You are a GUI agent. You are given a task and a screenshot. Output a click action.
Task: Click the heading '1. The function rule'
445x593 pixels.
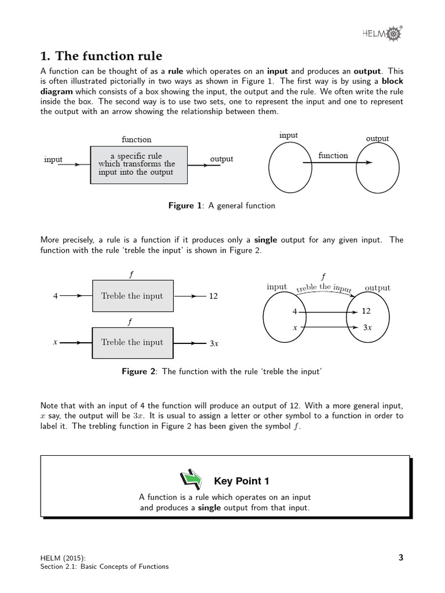(x=101, y=56)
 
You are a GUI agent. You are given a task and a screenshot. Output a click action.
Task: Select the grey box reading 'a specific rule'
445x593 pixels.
(x=139, y=164)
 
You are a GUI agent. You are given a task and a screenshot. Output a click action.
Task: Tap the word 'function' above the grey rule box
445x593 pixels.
(x=136, y=139)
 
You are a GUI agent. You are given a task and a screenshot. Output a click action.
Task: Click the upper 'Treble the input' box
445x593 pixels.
(x=132, y=296)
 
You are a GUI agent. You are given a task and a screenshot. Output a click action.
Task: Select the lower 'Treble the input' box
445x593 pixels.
(x=132, y=342)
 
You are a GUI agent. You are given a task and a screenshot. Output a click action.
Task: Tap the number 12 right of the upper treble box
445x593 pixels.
(x=213, y=296)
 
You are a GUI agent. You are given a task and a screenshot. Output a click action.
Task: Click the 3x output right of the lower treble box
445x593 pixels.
(x=214, y=343)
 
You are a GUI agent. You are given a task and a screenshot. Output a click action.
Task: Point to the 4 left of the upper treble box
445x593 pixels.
(x=56, y=296)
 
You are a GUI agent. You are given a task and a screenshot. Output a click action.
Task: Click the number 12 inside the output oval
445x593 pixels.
(x=366, y=311)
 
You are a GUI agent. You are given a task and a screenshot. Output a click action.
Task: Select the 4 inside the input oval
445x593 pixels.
(x=294, y=312)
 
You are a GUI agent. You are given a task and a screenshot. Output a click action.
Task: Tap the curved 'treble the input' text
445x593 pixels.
(x=324, y=287)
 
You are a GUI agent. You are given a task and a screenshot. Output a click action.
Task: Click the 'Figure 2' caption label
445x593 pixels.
(x=139, y=372)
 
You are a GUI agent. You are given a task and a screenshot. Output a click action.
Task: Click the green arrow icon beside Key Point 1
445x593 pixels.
(x=191, y=479)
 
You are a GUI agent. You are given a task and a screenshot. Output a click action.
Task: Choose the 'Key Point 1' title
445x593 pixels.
(x=242, y=481)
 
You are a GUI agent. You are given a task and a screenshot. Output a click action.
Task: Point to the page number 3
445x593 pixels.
(x=401, y=558)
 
